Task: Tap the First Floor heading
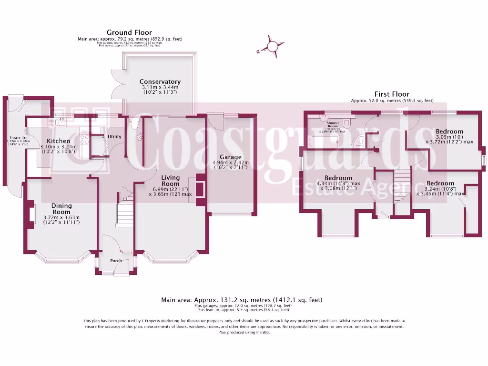tap(393, 94)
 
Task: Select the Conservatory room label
tap(160, 81)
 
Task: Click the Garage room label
tap(231, 157)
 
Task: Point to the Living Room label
tap(170, 181)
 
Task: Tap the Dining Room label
tap(61, 209)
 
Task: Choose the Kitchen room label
tap(58, 141)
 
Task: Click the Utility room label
tap(114, 137)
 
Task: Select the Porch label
tap(116, 261)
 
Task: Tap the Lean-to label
tap(18, 139)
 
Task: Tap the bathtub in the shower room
tap(325, 140)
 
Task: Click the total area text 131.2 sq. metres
tap(242, 300)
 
